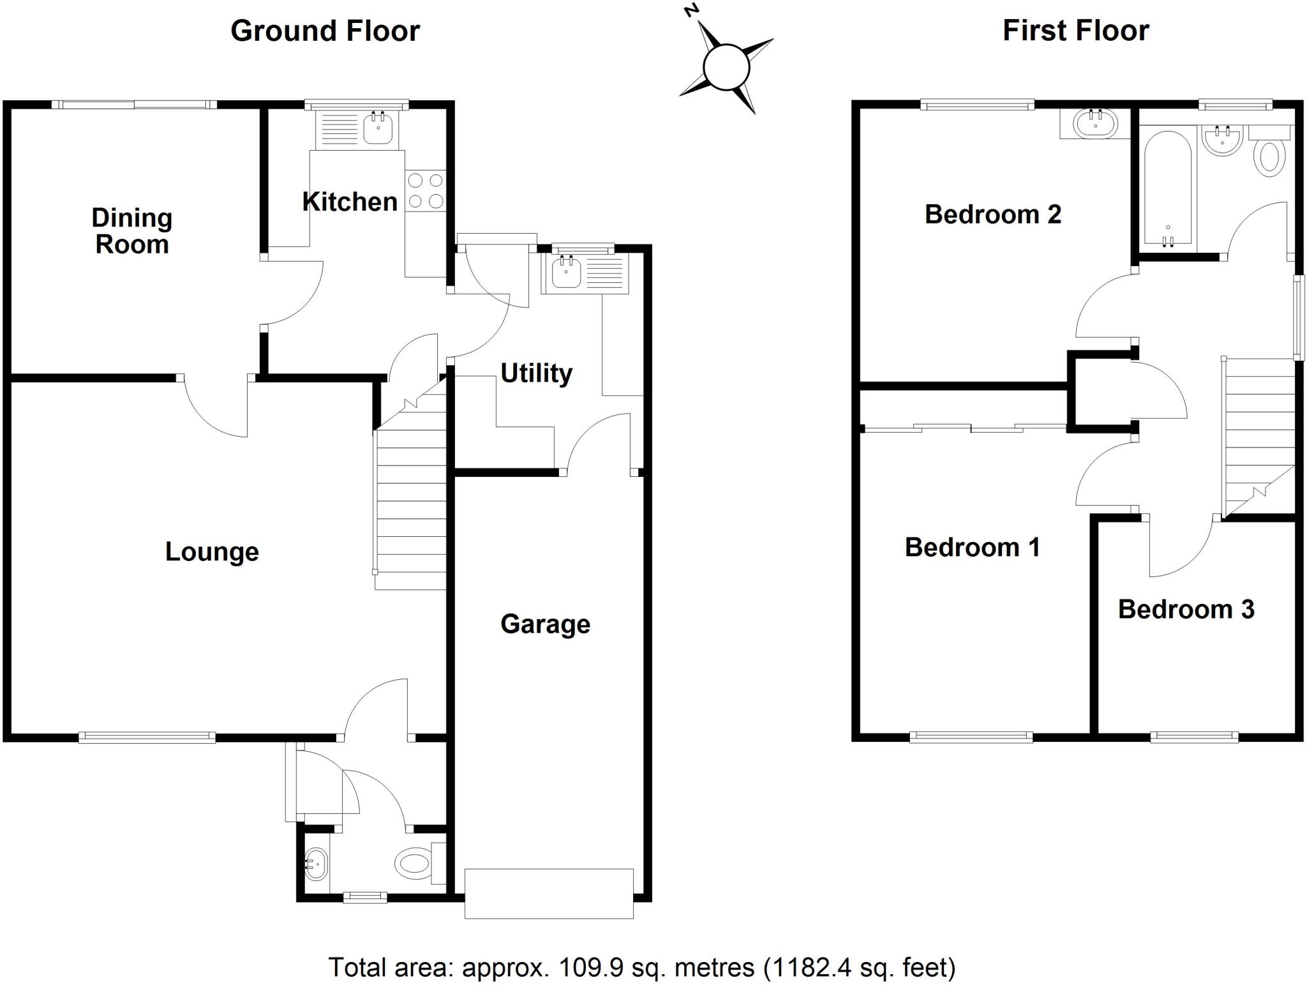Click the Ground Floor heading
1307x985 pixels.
click(325, 31)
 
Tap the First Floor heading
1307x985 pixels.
click(1075, 31)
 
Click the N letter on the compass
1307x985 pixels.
click(690, 10)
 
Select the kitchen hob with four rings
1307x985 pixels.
click(426, 191)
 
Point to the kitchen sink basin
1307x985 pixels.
click(378, 129)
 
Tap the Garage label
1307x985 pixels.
click(545, 624)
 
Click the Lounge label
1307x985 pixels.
click(212, 552)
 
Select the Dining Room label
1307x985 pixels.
click(131, 230)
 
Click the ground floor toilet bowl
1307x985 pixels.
click(412, 864)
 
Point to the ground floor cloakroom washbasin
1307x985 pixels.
click(316, 865)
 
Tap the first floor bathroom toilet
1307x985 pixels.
click(1269, 156)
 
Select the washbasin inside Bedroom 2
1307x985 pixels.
click(1095, 123)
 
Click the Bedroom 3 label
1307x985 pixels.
click(1186, 609)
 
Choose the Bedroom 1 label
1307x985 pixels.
click(972, 547)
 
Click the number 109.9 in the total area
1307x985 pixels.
click(581, 968)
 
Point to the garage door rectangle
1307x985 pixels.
click(549, 893)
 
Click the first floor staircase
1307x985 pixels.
click(1257, 434)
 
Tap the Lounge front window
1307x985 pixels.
click(147, 737)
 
